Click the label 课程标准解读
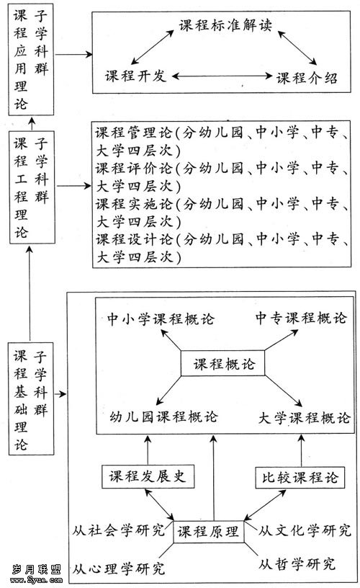click(225, 25)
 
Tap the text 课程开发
click(135, 76)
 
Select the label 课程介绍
click(307, 78)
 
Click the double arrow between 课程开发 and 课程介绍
click(222, 76)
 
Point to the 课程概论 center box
click(222, 363)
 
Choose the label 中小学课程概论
click(161, 319)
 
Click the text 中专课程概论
click(301, 318)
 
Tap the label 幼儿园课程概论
click(163, 416)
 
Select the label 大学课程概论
click(304, 418)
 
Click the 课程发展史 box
click(148, 476)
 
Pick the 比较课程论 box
click(300, 477)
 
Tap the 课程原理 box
click(208, 531)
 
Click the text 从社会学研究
click(118, 530)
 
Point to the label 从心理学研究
click(118, 569)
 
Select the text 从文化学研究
click(305, 530)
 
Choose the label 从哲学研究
click(297, 564)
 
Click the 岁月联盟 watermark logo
click(36, 574)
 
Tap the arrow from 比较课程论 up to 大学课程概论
click(301, 450)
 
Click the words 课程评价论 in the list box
click(134, 168)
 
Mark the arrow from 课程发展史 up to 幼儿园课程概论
click(148, 450)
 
